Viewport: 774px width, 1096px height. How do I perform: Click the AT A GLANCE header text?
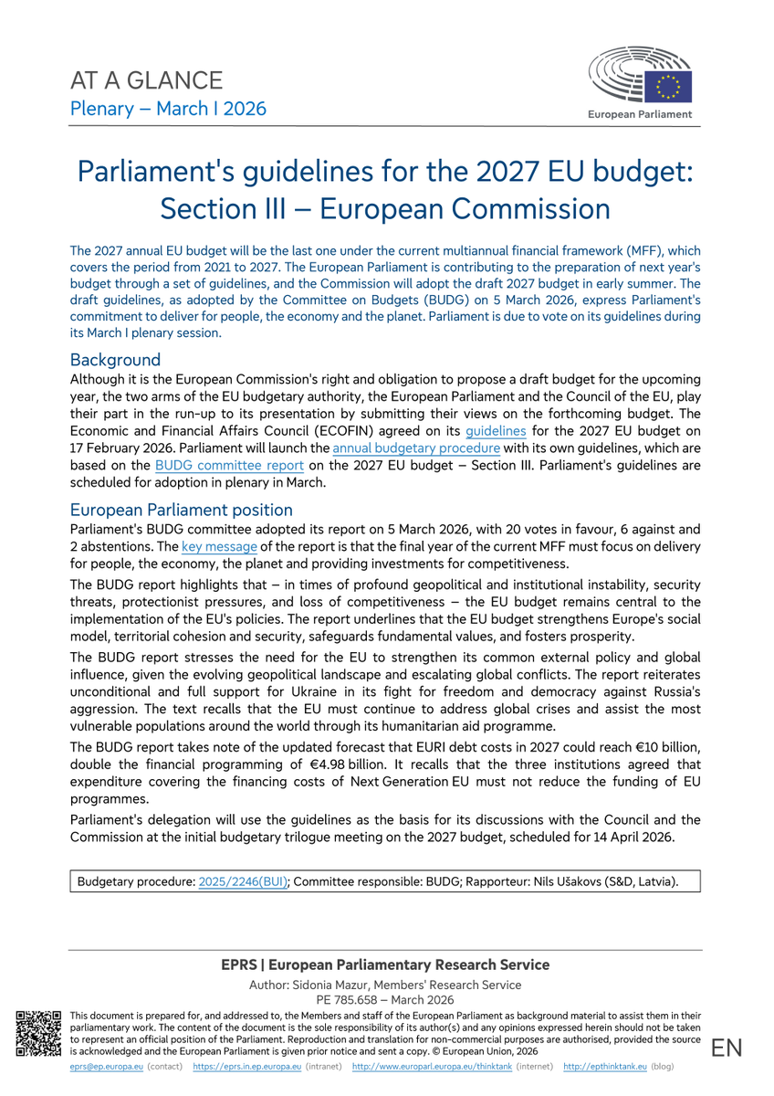(x=147, y=79)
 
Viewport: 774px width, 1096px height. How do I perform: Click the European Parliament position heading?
(x=182, y=510)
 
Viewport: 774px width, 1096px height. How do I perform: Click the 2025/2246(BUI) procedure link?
(x=243, y=881)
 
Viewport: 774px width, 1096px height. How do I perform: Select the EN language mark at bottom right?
(x=727, y=1049)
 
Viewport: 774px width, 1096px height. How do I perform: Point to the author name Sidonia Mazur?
(x=337, y=985)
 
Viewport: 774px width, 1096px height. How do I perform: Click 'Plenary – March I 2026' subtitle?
(x=169, y=109)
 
